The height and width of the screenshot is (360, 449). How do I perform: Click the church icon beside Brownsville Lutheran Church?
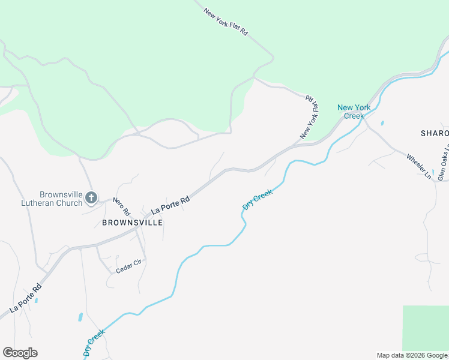(x=91, y=197)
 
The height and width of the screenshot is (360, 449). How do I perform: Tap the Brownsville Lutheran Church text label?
(x=61, y=199)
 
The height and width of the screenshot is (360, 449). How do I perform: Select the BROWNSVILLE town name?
(x=132, y=222)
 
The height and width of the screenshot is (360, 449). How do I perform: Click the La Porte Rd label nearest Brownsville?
(x=170, y=204)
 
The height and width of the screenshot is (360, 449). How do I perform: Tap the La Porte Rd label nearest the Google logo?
(x=25, y=298)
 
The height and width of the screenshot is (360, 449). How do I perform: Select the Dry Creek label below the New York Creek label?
(x=258, y=199)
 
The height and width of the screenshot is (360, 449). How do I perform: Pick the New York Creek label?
(x=354, y=112)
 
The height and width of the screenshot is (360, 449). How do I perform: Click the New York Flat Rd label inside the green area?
(x=226, y=22)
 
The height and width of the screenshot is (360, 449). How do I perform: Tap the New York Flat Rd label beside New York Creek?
(x=310, y=117)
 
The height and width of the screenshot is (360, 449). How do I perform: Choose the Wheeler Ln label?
(x=419, y=166)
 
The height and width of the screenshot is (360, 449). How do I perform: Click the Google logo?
(x=20, y=353)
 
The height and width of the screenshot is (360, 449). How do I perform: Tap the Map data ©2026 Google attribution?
(x=412, y=355)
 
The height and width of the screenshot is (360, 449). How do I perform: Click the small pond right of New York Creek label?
(x=382, y=124)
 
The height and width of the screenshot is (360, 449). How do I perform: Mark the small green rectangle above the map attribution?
(x=425, y=328)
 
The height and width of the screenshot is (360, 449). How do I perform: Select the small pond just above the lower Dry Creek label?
(x=80, y=317)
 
